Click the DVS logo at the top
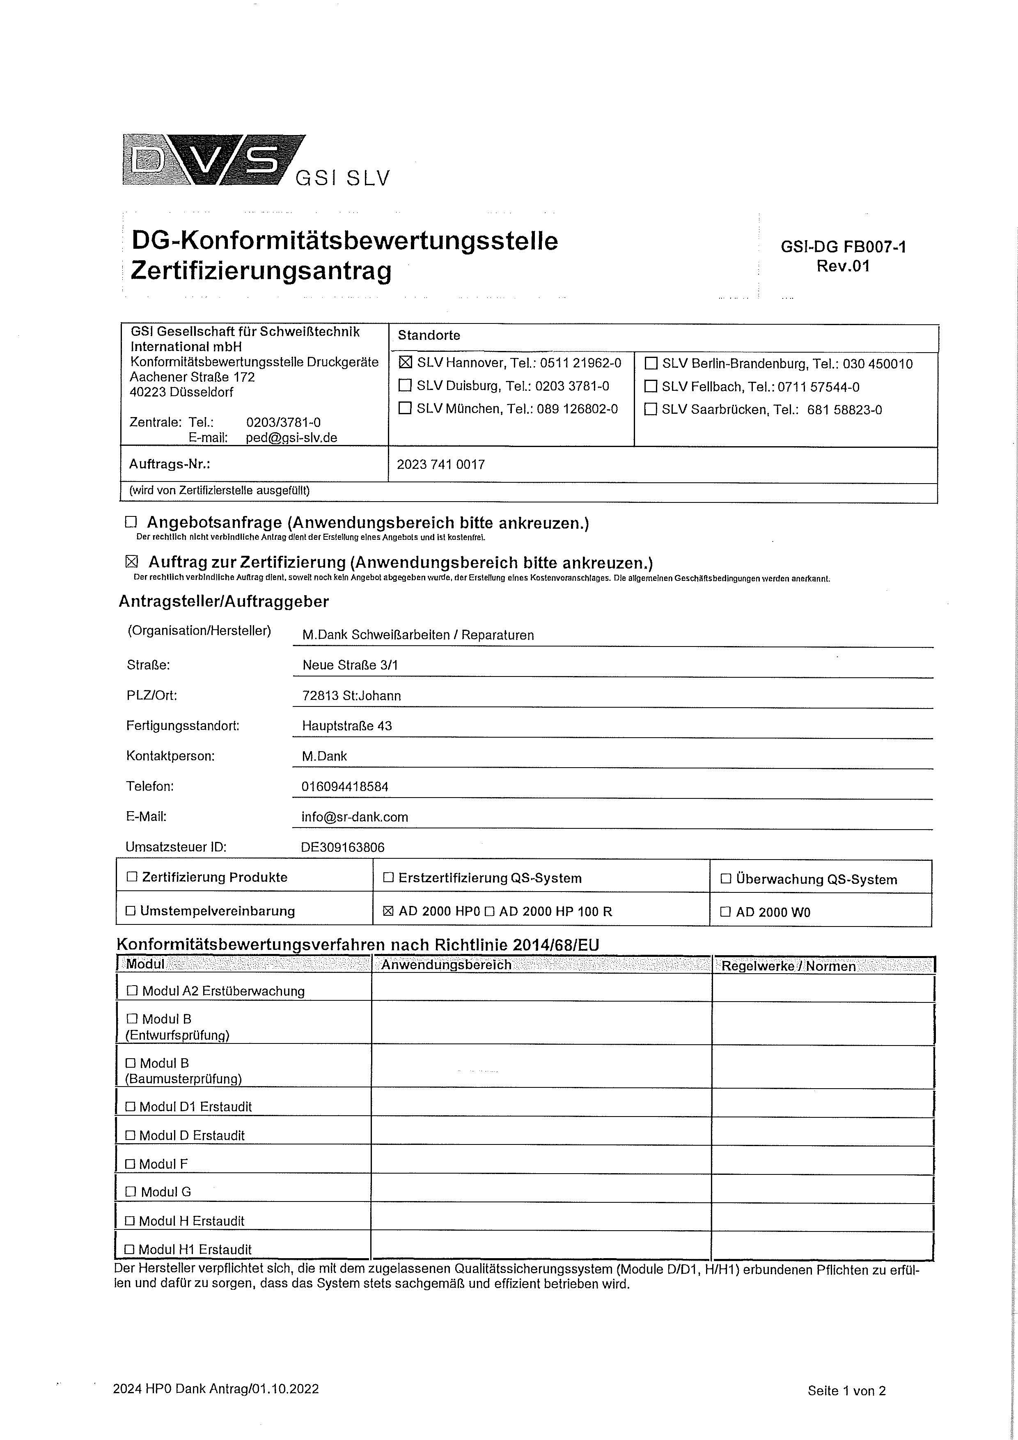(x=213, y=160)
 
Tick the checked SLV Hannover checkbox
(x=405, y=362)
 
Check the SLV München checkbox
(x=405, y=408)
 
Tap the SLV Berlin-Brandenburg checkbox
(x=651, y=363)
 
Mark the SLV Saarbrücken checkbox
(x=651, y=410)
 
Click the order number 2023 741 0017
(x=441, y=464)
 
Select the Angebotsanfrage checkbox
(x=131, y=522)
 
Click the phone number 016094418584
(x=345, y=786)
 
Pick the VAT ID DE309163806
(x=342, y=847)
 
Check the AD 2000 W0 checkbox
(x=726, y=912)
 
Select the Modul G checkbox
(x=131, y=1192)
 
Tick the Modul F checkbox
(x=131, y=1163)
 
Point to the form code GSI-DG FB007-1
(x=843, y=246)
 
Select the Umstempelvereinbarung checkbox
(x=131, y=910)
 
